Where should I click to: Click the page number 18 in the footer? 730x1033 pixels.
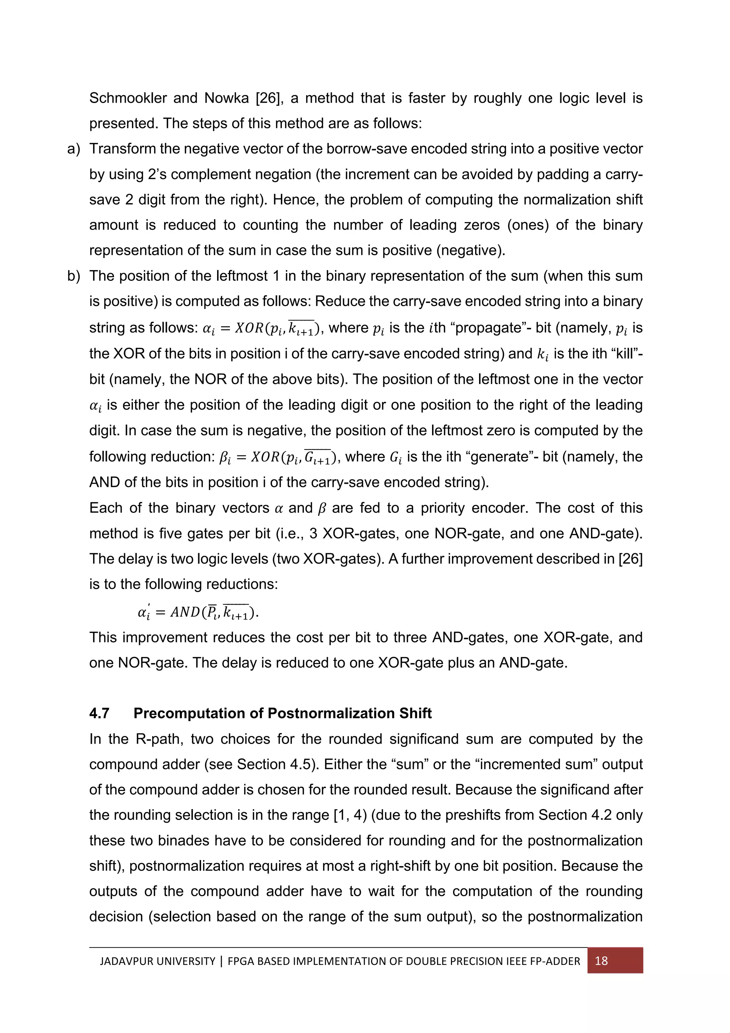pos(601,961)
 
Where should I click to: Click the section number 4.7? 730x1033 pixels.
pos(99,713)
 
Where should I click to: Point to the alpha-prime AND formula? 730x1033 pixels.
pos(198,612)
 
